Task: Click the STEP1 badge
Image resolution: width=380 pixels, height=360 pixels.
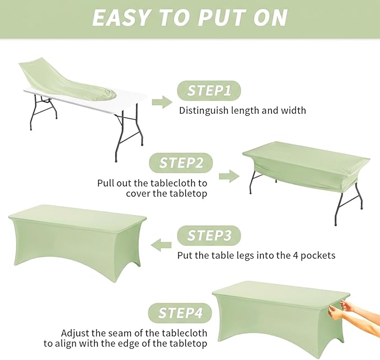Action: coord(209,91)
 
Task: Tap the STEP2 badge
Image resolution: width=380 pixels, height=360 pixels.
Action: coord(181,163)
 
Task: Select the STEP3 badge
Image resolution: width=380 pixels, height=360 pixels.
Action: coord(209,235)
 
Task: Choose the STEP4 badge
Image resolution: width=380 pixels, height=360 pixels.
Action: coord(180,313)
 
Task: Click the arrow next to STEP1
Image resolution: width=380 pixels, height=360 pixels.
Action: coord(162,102)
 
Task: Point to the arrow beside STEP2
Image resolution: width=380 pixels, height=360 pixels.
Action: coord(229,176)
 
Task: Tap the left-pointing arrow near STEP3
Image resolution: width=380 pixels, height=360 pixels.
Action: coord(161,245)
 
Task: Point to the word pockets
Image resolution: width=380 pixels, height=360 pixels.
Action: coord(318,255)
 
